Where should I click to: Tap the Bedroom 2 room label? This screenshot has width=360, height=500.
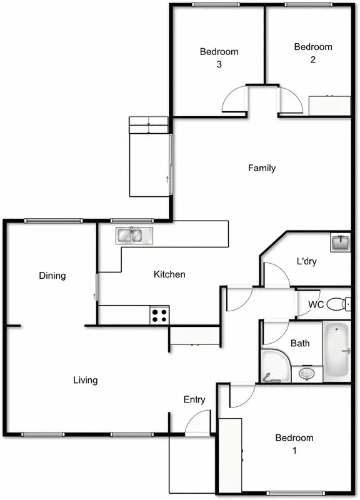312,52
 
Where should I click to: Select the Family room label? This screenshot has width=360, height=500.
262,167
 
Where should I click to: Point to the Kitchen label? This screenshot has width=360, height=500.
169,274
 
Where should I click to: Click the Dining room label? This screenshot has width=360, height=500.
52,275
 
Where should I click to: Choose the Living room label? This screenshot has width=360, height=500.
85,379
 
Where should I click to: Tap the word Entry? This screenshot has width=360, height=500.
195,399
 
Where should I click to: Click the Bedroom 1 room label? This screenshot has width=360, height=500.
294,443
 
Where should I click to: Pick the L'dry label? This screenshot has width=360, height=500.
306,262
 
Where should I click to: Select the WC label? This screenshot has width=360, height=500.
316,304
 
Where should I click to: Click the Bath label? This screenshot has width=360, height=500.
300,343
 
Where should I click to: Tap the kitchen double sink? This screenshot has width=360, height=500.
134,235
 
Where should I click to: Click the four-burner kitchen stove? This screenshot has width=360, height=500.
159,314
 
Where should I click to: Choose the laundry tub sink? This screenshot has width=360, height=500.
341,242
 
